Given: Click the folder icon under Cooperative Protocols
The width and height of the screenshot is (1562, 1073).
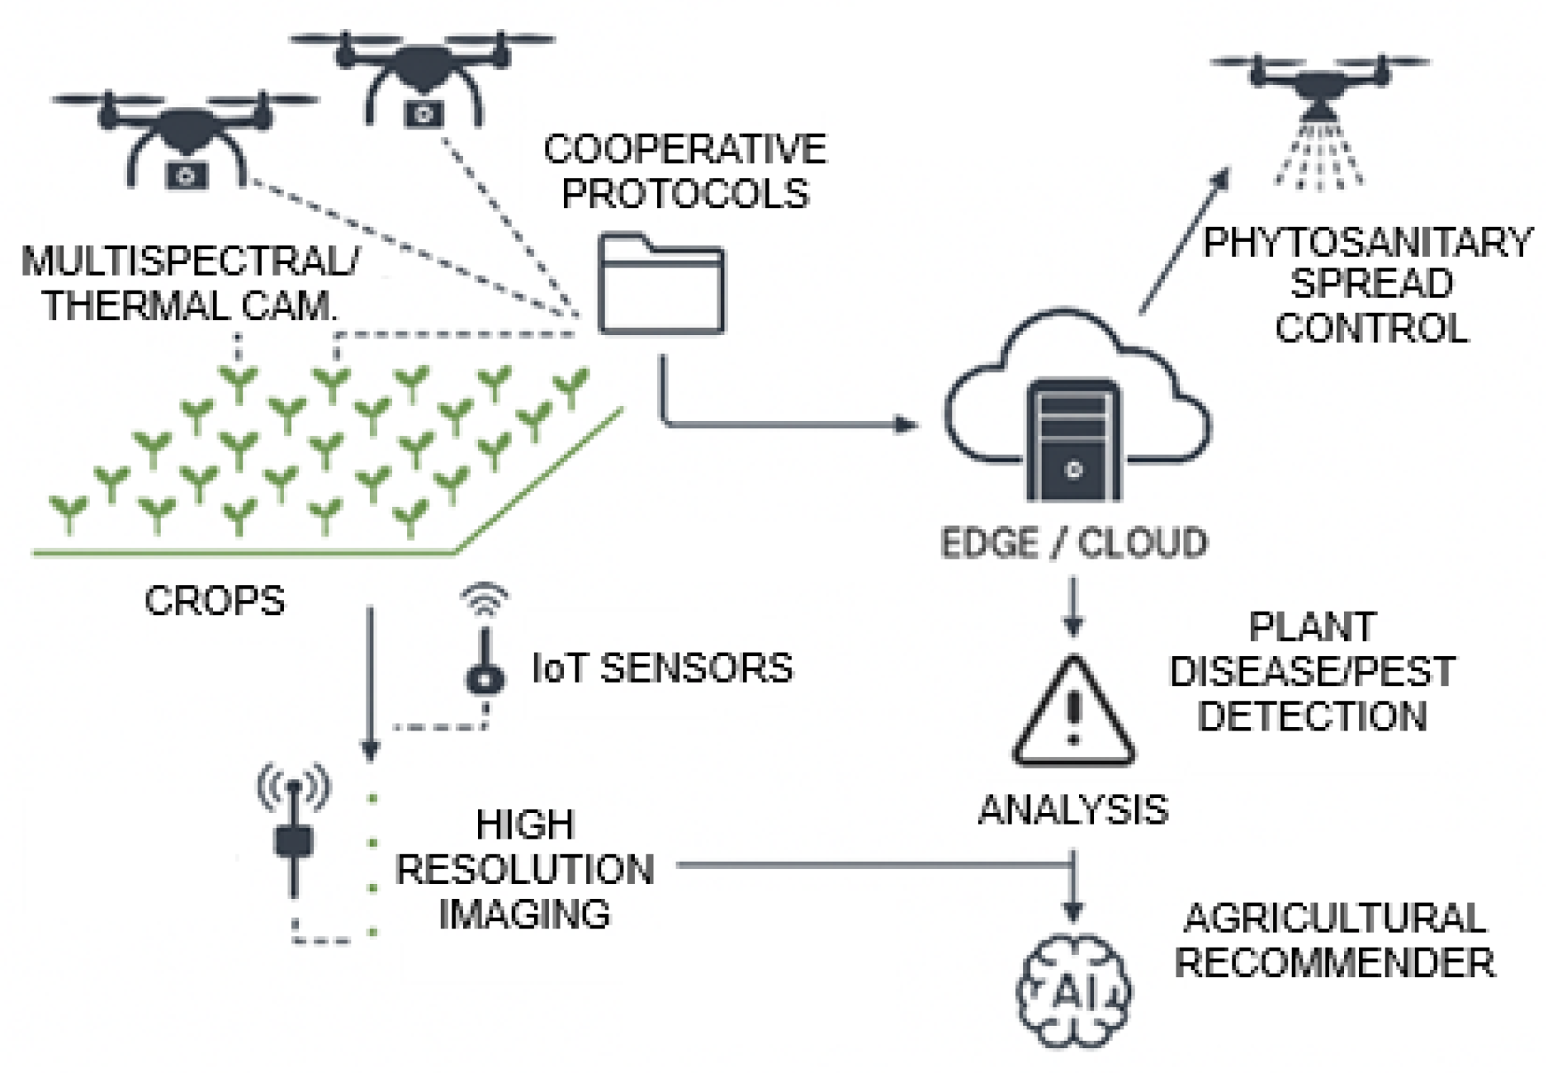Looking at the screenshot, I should [661, 285].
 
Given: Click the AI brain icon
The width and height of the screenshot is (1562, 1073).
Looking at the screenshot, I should [1072, 990].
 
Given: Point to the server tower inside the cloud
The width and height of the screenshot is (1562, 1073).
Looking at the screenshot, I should [1073, 442].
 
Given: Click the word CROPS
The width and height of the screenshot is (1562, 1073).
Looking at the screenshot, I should [215, 601].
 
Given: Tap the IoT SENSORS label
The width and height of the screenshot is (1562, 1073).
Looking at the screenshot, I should [662, 668].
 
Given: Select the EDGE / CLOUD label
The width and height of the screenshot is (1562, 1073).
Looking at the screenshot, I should [1073, 543].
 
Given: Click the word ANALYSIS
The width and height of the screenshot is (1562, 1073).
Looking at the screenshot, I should [1073, 810].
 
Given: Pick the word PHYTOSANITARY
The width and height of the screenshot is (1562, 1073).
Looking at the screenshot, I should [1367, 243].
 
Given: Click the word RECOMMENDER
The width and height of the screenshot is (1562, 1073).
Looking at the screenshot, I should [1334, 962].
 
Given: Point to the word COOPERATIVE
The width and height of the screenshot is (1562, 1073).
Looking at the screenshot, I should [684, 149].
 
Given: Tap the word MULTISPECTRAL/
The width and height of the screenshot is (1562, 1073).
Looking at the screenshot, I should [190, 262].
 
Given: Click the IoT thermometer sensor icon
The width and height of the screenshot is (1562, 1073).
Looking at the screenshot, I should [485, 652].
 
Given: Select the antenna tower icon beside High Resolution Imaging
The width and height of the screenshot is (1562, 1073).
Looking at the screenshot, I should [293, 834].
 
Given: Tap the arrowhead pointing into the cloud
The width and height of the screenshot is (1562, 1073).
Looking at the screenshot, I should [907, 424].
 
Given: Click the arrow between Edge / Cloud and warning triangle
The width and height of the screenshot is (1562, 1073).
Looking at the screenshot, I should [1072, 607].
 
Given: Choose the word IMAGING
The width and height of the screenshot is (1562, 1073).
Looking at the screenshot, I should [524, 914].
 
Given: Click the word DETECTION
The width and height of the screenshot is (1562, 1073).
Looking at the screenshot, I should [1312, 716].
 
